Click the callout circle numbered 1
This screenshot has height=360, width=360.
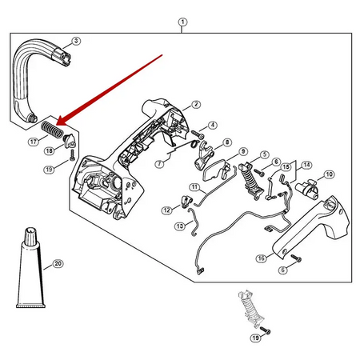click(182, 22)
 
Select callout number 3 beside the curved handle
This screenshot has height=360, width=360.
click(76, 41)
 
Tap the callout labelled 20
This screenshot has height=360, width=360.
click(58, 263)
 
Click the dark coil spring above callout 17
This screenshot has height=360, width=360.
click(52, 130)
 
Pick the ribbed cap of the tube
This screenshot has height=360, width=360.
click(30, 236)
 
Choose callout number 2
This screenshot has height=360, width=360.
click(196, 104)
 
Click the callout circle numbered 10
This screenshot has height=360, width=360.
click(329, 174)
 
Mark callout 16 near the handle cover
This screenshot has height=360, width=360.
click(261, 258)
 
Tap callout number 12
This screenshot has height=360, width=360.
click(166, 210)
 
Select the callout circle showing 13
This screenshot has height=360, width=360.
click(180, 226)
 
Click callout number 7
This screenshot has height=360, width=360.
click(159, 163)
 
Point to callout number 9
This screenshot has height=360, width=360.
click(243, 151)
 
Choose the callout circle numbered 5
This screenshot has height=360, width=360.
click(265, 154)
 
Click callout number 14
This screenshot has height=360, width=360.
click(306, 165)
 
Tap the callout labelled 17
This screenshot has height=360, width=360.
click(33, 142)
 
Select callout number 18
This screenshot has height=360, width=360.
click(49, 151)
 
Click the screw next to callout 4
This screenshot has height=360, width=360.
click(198, 134)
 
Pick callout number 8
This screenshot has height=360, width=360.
click(227, 142)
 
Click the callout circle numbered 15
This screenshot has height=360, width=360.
click(286, 167)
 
